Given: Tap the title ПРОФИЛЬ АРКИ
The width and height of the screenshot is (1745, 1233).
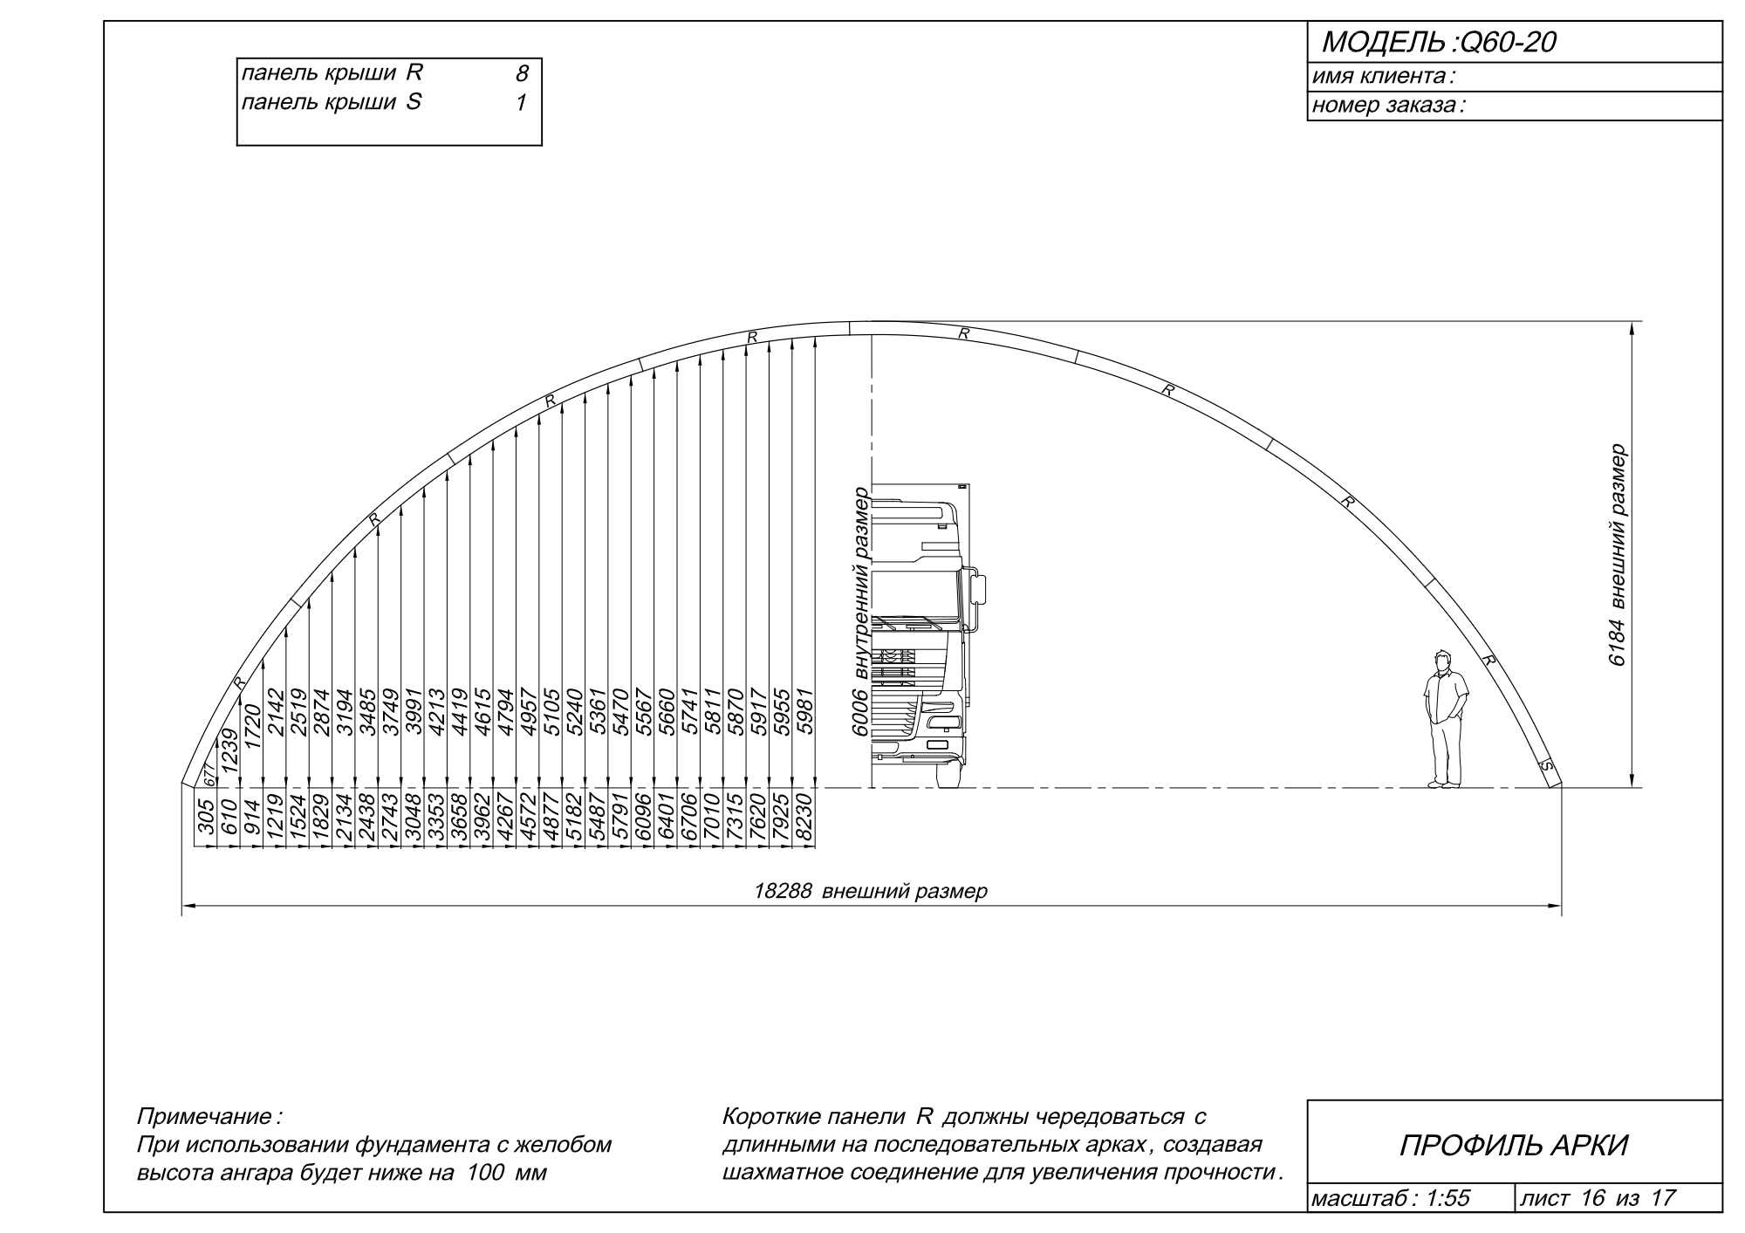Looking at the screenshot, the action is pyautogui.click(x=1514, y=1145).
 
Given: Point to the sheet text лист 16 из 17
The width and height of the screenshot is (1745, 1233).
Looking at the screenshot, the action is pyautogui.click(x=1598, y=1198).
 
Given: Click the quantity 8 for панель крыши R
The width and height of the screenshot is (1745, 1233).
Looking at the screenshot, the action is pyautogui.click(x=522, y=75).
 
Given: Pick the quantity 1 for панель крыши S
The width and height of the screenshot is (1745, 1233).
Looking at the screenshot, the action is pyautogui.click(x=521, y=103).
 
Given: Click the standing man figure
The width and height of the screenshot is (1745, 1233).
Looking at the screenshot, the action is pyautogui.click(x=1445, y=719).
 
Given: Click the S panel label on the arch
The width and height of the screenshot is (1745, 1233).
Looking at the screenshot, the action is pyautogui.click(x=1547, y=766).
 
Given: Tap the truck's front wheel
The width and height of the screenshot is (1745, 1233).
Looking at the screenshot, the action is pyautogui.click(x=948, y=772).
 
